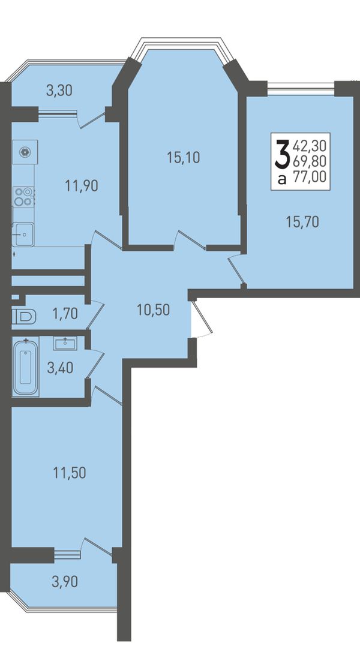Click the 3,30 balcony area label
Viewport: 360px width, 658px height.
coord(59,90)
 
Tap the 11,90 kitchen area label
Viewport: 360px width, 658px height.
coord(82,185)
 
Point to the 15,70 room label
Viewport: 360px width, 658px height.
coord(302,221)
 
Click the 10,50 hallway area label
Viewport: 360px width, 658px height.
coord(153,310)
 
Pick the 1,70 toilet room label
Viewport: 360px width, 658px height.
coord(65,313)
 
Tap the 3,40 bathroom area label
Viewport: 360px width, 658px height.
coord(61,368)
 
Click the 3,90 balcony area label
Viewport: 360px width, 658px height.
coord(65,582)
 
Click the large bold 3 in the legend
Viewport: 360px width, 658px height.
coord(281,154)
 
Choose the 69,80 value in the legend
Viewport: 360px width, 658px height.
coord(310,161)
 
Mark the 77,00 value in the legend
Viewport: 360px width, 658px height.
coord(310,177)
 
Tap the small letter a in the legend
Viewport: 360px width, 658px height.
coord(282,179)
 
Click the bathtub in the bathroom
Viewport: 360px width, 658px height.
coord(26,366)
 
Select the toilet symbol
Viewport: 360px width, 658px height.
coord(25,317)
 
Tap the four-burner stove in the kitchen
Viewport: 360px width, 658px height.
coord(23,196)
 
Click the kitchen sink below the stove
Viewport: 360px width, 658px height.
coord(23,234)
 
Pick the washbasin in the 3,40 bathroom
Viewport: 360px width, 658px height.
coord(65,344)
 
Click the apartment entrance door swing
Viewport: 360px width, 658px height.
coord(202,319)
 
